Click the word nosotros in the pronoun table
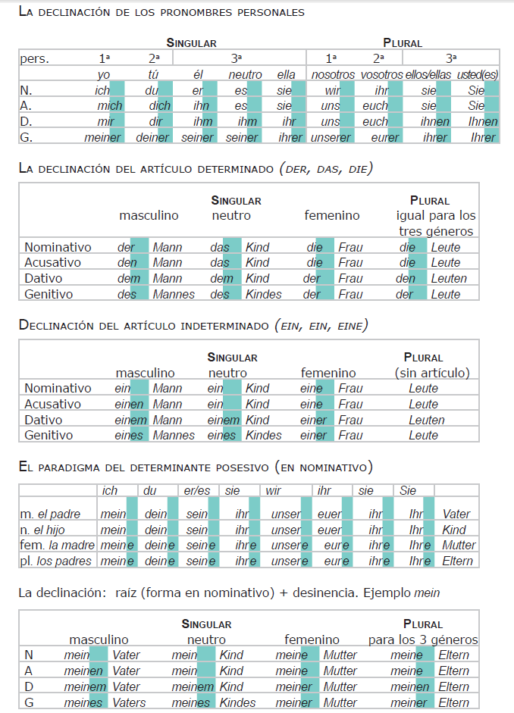pyautogui.click(x=333, y=74)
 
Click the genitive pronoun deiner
pyautogui.click(x=152, y=137)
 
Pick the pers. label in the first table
pyautogui.click(x=35, y=58)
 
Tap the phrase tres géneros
pyautogui.click(x=437, y=231)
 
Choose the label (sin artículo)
pyautogui.click(x=432, y=373)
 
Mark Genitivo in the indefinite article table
pyautogui.click(x=49, y=436)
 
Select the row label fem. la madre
pyautogui.click(x=57, y=546)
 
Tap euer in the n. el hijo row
pyautogui.click(x=330, y=530)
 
